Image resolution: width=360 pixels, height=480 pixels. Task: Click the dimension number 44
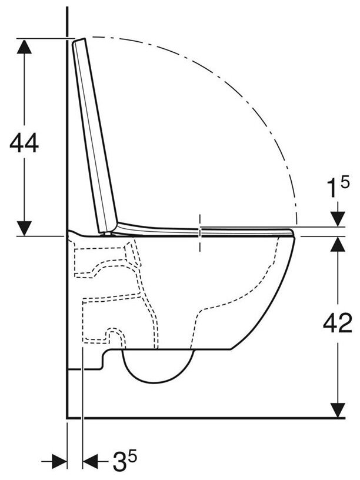click(24, 143)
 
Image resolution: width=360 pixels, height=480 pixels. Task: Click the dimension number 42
click(338, 323)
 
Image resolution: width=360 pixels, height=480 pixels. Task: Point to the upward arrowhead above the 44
click(24, 47)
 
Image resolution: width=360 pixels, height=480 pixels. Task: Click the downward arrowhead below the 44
click(24, 228)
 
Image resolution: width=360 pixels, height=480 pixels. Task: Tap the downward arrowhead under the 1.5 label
click(338, 219)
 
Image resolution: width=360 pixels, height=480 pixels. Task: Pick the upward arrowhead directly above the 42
click(338, 244)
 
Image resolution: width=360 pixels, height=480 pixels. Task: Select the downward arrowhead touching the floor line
click(338, 409)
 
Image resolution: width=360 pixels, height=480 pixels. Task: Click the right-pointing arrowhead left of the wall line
click(59, 461)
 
